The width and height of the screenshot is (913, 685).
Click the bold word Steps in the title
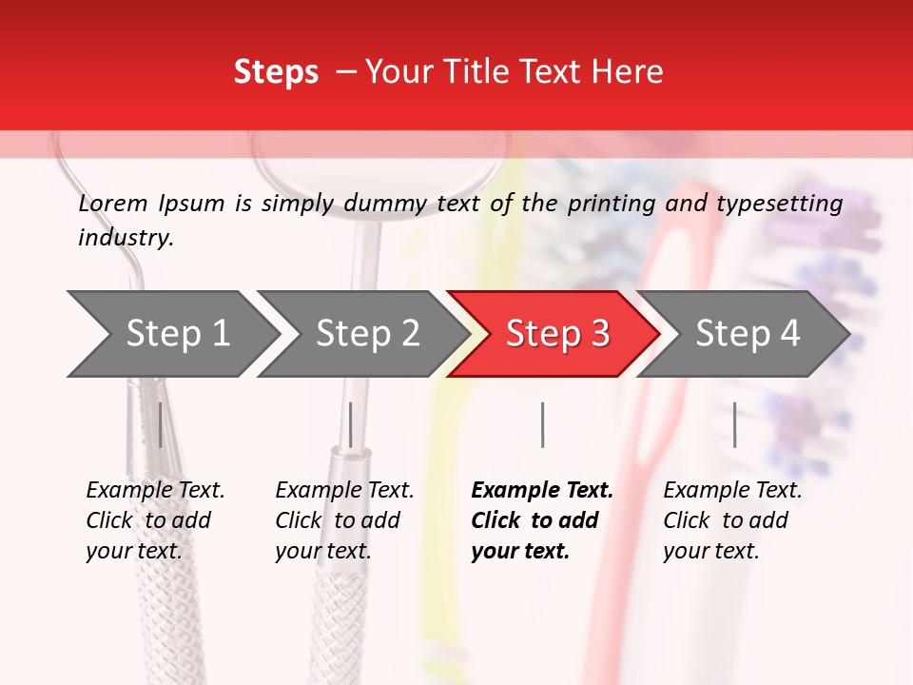[x=276, y=72]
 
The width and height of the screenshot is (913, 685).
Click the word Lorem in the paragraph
[x=113, y=204]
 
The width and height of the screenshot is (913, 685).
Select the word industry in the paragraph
[x=126, y=238]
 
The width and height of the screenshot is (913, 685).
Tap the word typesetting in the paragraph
[x=779, y=204]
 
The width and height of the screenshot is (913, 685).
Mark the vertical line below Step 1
[x=161, y=424]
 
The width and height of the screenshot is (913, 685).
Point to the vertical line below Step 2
[x=351, y=424]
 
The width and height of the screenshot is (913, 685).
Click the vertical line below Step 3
[x=542, y=424]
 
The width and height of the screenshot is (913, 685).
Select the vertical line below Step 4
[x=734, y=424]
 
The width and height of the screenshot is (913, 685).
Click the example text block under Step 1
[x=155, y=520]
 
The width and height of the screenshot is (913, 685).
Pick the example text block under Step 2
[x=344, y=520]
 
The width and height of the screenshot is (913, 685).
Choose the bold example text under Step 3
[x=542, y=520]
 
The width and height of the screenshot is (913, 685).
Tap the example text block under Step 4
[x=732, y=520]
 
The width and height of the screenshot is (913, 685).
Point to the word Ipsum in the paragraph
[x=192, y=204]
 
